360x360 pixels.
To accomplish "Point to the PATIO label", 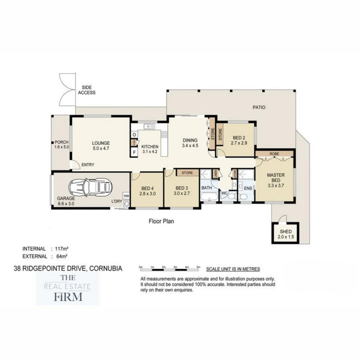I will click(x=259, y=107).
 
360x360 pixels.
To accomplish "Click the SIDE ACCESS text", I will click(x=87, y=90).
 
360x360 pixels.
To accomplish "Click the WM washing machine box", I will click(x=126, y=195).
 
